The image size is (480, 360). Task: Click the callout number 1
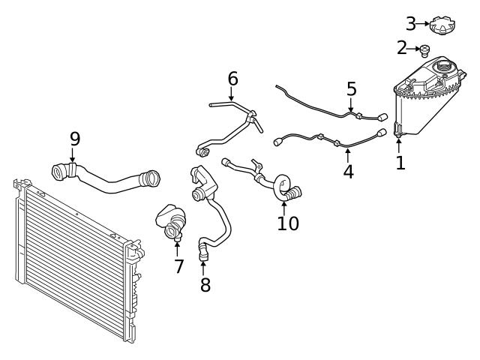click(x=400, y=163)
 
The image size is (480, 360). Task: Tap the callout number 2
click(x=402, y=48)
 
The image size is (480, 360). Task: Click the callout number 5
click(x=352, y=89)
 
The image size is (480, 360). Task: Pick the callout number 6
click(x=232, y=78)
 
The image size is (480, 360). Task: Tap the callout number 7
click(x=178, y=265)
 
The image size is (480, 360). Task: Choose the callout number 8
click(x=205, y=284)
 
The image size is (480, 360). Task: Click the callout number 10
click(x=288, y=223)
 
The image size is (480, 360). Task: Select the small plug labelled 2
click(x=424, y=51)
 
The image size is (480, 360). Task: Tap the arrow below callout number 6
click(x=232, y=94)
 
